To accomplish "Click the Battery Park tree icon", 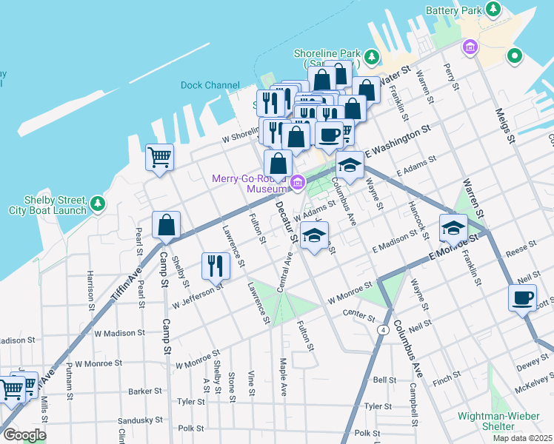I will pos(493,10).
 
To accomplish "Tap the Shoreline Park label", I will pos(327,54).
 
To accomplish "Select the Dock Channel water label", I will pos(210,85).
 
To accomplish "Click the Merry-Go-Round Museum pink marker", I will pos(298,182).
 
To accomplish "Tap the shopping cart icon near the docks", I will pos(159,157).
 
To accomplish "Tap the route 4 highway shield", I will pos(383,329).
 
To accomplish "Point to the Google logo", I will pos(25,435).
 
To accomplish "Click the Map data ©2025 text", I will pos(522,438).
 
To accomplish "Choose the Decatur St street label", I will pos(287,221).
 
